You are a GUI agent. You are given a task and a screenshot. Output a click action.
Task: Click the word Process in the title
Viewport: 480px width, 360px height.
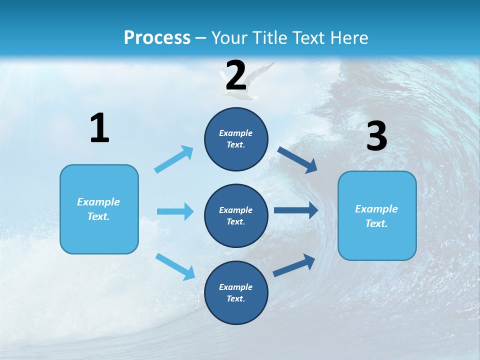(x=157, y=37)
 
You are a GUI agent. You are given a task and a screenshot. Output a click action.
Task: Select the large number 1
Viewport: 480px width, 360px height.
(x=99, y=128)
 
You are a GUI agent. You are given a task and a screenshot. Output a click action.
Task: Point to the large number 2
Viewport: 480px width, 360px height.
(x=236, y=75)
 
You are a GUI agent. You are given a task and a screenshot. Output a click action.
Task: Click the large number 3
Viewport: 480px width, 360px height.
(x=376, y=136)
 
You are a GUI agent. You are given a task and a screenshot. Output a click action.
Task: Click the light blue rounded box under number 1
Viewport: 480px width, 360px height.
(x=99, y=209)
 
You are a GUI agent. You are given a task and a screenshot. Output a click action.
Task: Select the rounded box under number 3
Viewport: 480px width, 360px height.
(x=377, y=215)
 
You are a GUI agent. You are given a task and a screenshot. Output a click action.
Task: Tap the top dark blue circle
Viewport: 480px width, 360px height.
(x=236, y=139)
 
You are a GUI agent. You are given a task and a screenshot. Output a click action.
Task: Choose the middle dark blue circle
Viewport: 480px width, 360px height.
(x=236, y=215)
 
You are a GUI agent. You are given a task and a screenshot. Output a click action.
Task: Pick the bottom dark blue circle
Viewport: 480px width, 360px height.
(x=236, y=292)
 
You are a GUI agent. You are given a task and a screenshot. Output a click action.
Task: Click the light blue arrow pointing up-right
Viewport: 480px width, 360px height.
(x=174, y=159)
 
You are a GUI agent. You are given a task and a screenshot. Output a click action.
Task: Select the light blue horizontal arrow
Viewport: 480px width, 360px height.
(x=175, y=211)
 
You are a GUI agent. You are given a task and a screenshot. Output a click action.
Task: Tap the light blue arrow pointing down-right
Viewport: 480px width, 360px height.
(x=175, y=266)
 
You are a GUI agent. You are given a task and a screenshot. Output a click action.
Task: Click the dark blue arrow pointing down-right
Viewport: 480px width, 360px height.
(x=297, y=159)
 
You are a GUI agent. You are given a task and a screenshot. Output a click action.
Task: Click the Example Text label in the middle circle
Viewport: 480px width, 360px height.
(x=236, y=215)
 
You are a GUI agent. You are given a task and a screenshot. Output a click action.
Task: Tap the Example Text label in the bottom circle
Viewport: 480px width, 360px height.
(x=236, y=292)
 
